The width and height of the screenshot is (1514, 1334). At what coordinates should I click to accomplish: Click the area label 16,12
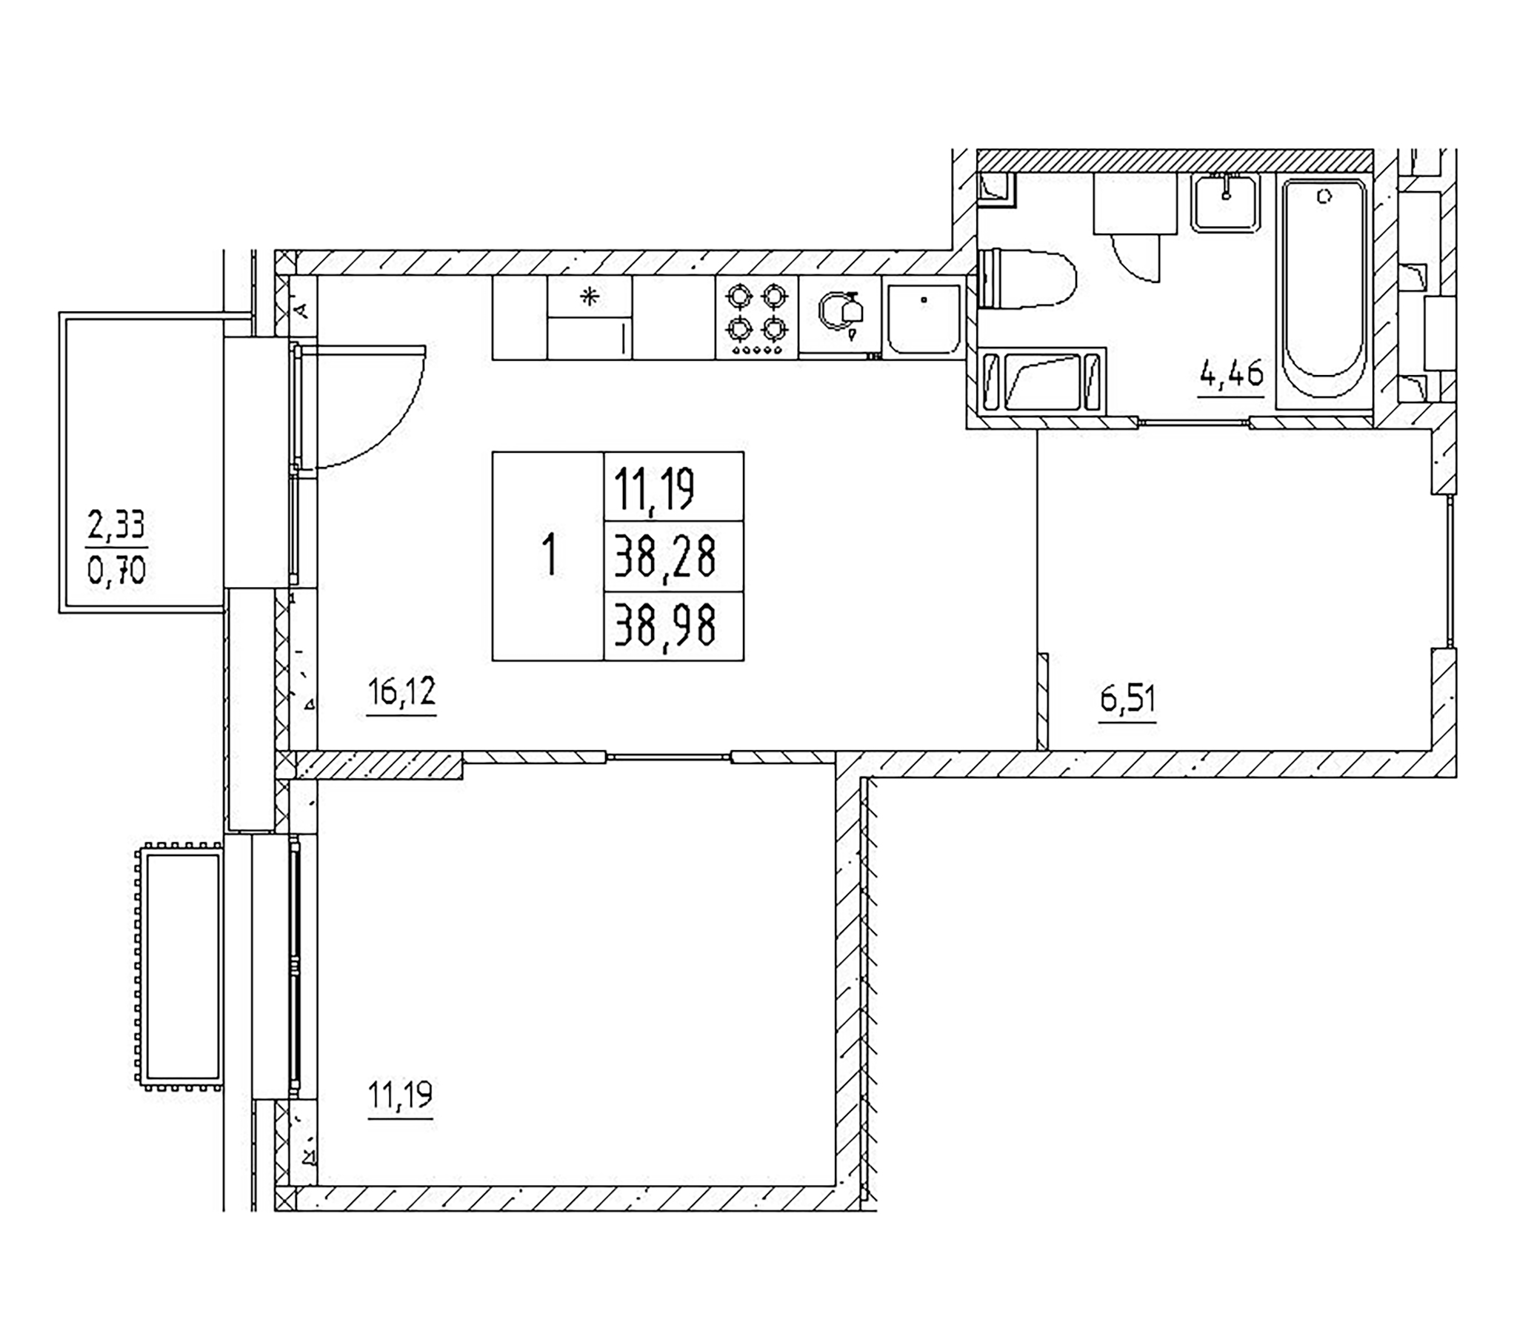coord(401,693)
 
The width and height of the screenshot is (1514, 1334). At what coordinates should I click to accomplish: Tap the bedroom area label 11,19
coord(400,1095)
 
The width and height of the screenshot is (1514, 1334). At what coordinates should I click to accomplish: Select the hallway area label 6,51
coord(1127,699)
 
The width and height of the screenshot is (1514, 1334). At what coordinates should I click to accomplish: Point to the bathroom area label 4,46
coord(1231,374)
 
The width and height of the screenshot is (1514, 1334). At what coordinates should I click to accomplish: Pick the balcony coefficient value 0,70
coord(117,571)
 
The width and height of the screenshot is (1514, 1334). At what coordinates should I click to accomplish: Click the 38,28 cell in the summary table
coord(665,557)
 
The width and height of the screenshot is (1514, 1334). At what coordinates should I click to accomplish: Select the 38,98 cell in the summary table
coord(665,626)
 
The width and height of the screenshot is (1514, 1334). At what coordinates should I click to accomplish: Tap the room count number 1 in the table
coord(549,556)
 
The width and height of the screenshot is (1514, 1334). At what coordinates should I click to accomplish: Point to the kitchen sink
coord(924,319)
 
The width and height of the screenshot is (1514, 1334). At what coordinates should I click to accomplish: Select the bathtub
coord(1324,291)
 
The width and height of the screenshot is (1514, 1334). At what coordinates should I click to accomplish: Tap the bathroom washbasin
coord(1226,202)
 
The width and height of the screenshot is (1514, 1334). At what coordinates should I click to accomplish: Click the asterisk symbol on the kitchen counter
coord(589,298)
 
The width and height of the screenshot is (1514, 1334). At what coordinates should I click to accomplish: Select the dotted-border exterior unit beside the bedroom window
coord(179,966)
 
